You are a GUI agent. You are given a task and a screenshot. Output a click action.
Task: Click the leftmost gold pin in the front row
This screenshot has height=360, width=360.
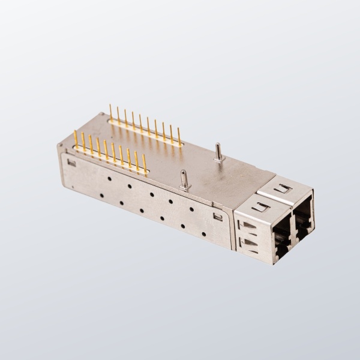coord(76,140)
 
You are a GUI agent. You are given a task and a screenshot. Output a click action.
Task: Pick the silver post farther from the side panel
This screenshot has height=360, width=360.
coord(219,153)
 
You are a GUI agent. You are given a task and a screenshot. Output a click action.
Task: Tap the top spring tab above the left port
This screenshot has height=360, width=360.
coord(261,207)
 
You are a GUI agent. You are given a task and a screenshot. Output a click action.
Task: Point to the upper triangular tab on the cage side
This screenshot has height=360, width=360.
coord(247,226)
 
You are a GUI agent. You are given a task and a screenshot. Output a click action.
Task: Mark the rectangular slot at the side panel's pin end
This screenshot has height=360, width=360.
coord(71,162)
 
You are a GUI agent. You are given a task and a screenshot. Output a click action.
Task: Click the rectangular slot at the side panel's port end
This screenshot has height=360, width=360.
coord(218,217)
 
